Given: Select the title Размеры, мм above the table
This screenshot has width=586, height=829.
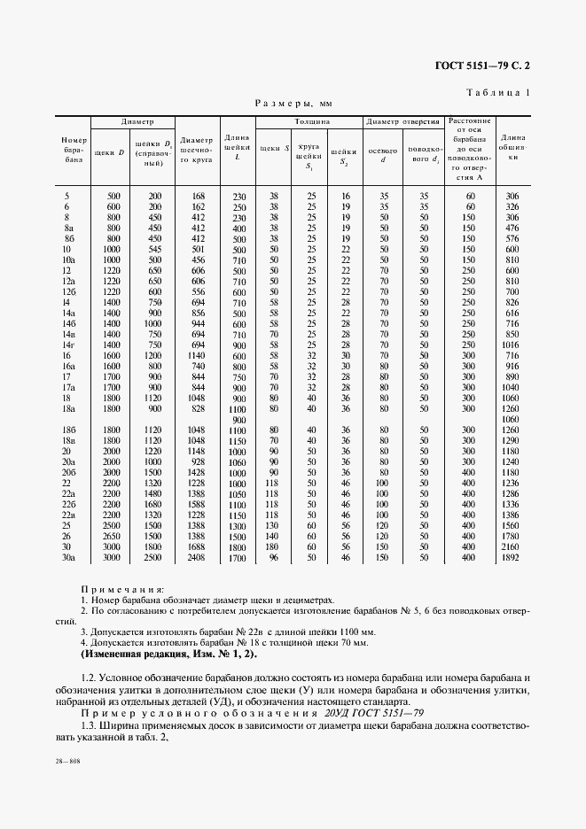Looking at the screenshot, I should pyautogui.click(x=293, y=103).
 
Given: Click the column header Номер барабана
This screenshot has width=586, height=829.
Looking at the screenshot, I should pyautogui.click(x=73, y=151).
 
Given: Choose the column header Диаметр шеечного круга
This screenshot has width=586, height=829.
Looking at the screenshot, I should pyautogui.click(x=197, y=151).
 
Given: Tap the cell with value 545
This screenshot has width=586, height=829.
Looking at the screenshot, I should pyautogui.click(x=155, y=250).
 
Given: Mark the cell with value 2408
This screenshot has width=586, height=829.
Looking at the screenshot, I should pyautogui.click(x=198, y=558).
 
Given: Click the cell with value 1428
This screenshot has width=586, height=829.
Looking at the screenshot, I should pyautogui.click(x=198, y=473).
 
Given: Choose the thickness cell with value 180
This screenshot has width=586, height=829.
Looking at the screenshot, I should pyautogui.click(x=273, y=546).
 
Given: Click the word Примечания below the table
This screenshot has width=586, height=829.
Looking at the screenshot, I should pyautogui.click(x=121, y=588).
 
